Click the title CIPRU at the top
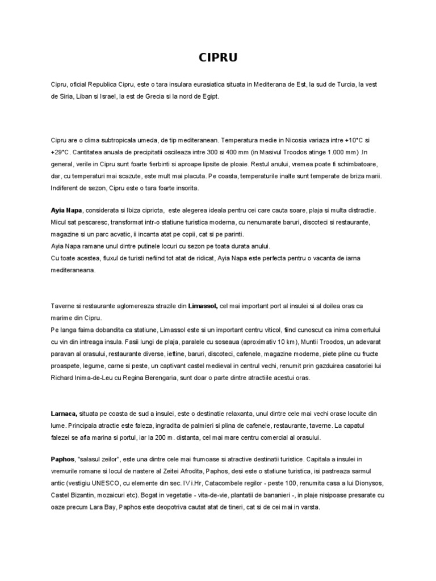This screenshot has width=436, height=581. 217,57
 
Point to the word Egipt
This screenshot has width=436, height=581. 208,96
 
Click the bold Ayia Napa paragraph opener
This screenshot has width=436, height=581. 66,210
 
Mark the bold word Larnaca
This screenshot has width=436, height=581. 64,415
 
